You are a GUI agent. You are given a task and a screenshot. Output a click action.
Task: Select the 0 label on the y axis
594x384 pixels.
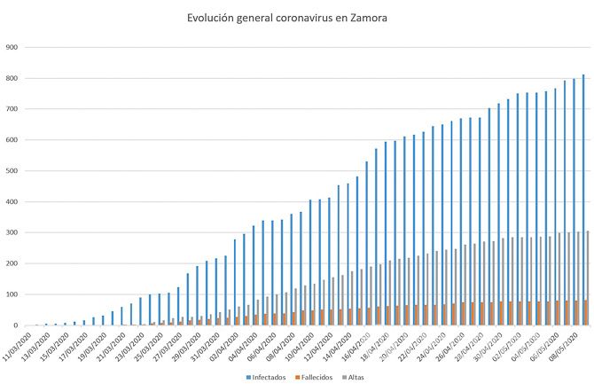click(x=16, y=325)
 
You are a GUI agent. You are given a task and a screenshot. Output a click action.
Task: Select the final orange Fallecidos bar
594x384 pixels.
click(x=585, y=313)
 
